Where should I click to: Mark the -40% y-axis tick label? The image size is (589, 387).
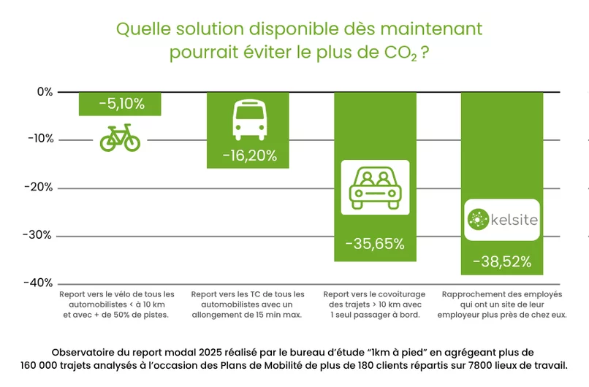pos(40,283)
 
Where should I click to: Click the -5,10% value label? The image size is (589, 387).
pos(121,104)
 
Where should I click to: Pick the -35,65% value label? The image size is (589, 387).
pos(375,244)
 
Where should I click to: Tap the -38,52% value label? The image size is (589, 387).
pos(501,261)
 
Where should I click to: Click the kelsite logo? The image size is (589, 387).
pos(501,219)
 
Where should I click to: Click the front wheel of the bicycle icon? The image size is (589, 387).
pos(132,142)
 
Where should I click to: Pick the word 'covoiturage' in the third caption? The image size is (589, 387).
pos(398,294)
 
